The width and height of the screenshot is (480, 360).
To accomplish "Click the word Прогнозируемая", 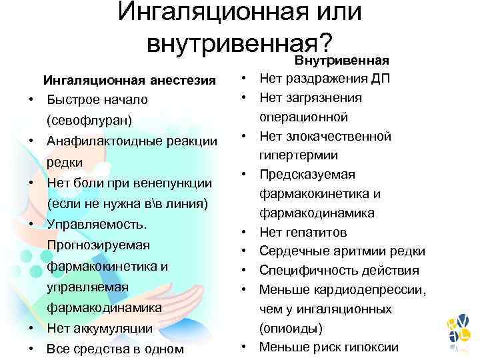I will point(98,245).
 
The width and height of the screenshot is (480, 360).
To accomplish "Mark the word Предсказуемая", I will point(307,175).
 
